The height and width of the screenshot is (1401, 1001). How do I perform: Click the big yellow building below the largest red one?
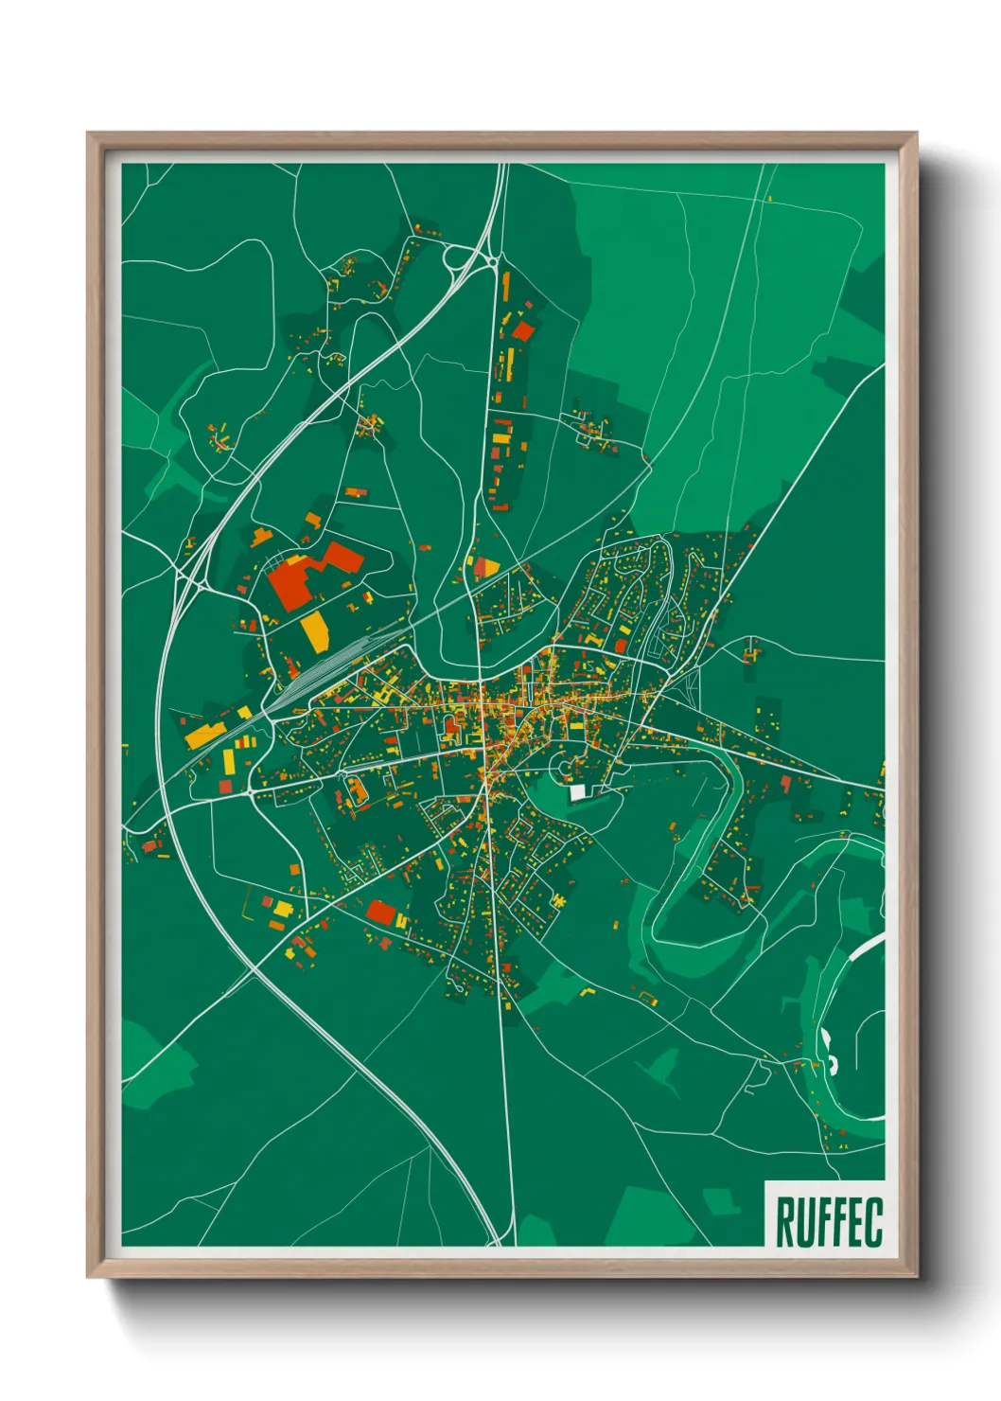click(314, 631)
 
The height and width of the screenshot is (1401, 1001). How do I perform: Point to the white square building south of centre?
click(577, 792)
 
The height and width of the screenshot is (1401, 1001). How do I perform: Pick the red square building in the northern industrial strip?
click(522, 330)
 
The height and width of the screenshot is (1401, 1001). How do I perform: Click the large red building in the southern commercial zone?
click(381, 913)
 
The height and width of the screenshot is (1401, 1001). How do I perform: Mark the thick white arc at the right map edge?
click(866, 947)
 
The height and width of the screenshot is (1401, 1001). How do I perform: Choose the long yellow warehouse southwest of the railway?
click(204, 734)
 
